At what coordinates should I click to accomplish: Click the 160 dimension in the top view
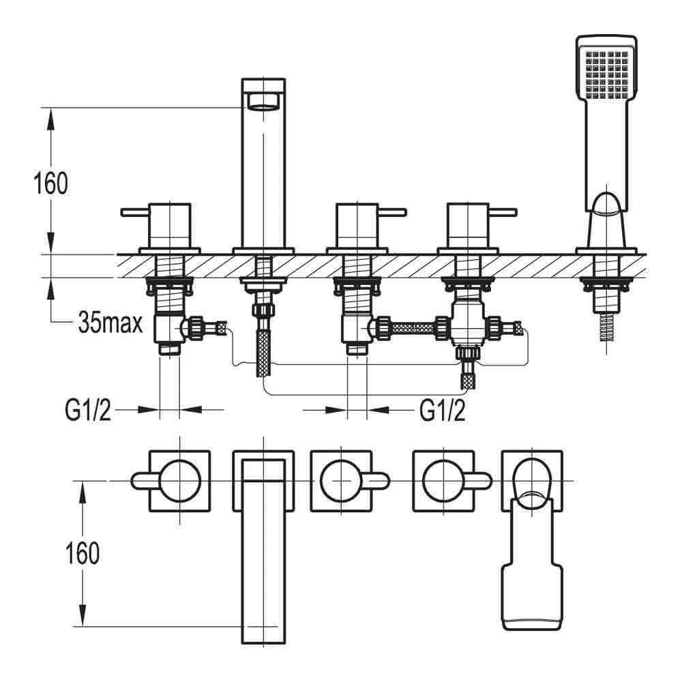[x=83, y=554]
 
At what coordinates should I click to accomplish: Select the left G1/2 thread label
[x=88, y=410]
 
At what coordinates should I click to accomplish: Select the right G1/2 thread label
[x=443, y=410]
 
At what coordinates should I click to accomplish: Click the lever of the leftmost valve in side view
[x=134, y=213]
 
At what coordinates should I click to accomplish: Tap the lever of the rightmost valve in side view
[x=505, y=213]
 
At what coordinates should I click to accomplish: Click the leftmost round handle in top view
[x=178, y=480]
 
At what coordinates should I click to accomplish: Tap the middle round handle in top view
[x=339, y=480]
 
